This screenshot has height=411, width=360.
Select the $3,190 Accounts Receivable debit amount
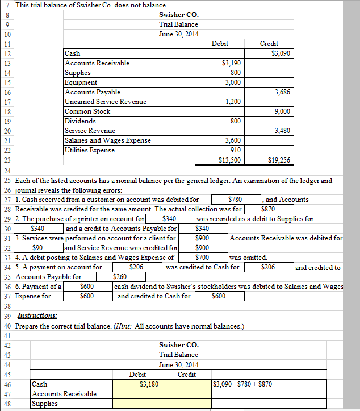point(229,63)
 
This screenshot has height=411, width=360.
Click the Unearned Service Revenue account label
point(106,102)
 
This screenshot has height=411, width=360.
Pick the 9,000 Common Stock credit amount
point(282,111)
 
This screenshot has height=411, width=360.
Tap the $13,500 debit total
point(229,160)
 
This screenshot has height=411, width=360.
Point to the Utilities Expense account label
point(90,150)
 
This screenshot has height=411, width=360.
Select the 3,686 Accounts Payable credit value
point(282,92)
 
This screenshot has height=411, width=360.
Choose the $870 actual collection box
point(264,209)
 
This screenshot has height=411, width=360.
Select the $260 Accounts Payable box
point(120,277)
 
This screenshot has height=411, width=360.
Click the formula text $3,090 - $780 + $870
point(242,384)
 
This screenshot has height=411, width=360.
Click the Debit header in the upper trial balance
point(219,44)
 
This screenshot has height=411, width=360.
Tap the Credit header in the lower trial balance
point(187,375)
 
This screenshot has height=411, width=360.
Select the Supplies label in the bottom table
point(45,404)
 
